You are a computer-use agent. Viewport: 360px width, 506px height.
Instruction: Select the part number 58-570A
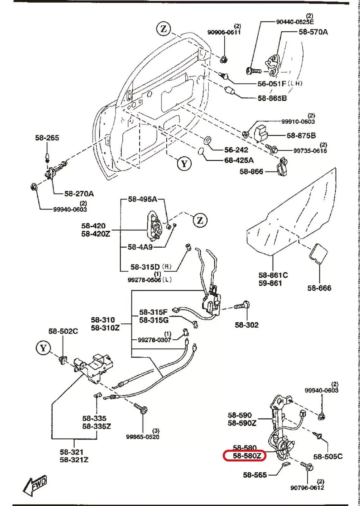(313, 32)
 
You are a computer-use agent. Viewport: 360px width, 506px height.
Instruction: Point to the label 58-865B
(272, 98)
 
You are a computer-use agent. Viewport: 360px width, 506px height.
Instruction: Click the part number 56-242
(236, 150)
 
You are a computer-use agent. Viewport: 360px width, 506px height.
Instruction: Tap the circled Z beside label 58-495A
(200, 220)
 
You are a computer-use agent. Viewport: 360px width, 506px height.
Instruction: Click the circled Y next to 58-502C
(44, 347)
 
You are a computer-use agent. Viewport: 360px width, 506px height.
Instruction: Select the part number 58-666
(319, 288)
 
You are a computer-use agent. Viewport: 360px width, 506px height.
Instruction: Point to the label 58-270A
(79, 194)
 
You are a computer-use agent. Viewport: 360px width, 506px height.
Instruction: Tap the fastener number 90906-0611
(224, 32)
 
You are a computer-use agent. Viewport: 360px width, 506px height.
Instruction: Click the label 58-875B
(301, 135)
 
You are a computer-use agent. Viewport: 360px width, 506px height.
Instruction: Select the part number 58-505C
(328, 456)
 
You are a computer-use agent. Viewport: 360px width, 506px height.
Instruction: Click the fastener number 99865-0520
(142, 437)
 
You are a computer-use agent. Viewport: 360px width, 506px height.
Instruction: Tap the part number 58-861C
(273, 275)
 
